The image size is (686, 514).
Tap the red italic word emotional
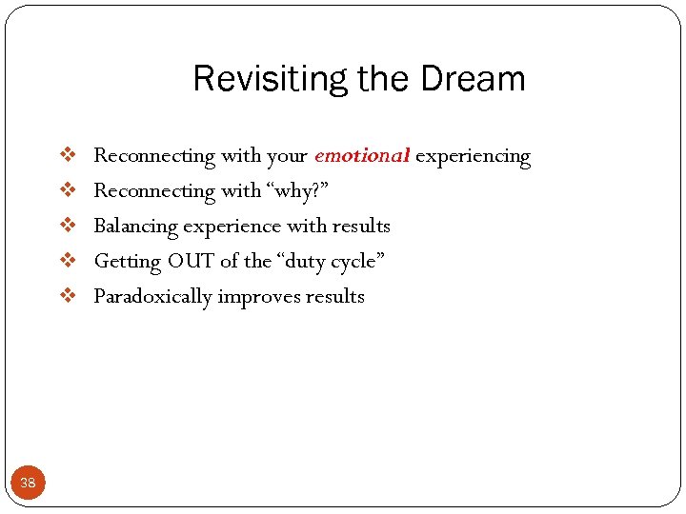[361, 155]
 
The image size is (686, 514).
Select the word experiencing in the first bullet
[473, 156]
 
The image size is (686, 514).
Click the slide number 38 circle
[28, 483]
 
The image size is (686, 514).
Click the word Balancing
[135, 227]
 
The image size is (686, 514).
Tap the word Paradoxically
[152, 297]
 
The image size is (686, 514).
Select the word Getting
[127, 262]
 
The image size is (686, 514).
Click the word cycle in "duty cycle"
[355, 262]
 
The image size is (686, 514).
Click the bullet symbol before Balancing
[68, 226]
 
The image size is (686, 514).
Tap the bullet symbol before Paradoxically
[68, 296]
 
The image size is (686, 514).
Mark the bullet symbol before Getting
[68, 261]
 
